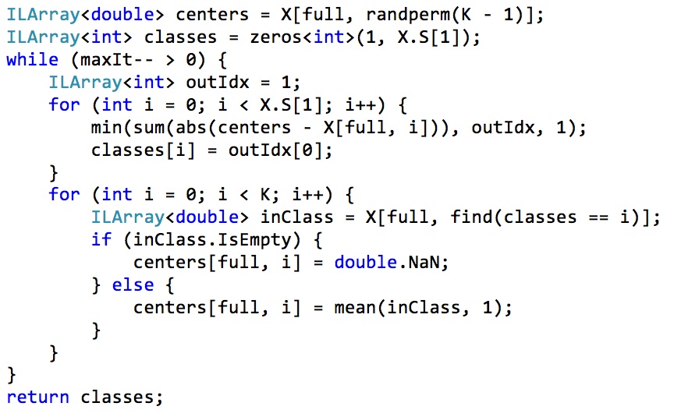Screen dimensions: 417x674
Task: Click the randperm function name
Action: tap(408, 14)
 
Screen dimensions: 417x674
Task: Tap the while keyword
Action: tap(32, 60)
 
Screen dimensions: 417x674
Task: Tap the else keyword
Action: tap(133, 285)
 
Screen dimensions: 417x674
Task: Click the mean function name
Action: tap(355, 308)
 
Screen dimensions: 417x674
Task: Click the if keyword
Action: tap(101, 240)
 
